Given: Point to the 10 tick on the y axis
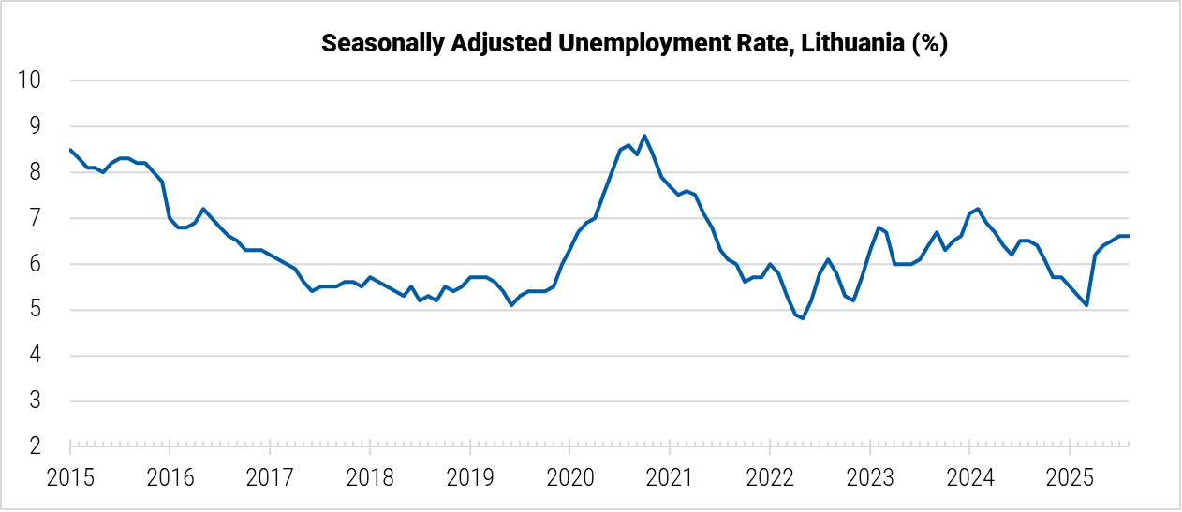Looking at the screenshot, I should (30, 80).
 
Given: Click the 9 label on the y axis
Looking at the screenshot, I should (36, 126).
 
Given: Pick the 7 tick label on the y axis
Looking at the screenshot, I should (36, 218).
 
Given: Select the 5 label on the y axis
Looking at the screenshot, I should (36, 310).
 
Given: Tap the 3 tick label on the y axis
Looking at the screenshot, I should (36, 402).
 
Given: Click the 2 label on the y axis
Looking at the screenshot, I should (36, 447).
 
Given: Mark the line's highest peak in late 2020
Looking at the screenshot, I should (644, 136).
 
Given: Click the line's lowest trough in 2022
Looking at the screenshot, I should (803, 318).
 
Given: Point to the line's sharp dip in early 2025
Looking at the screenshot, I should (1086, 305).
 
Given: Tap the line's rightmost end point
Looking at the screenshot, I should (1128, 236).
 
